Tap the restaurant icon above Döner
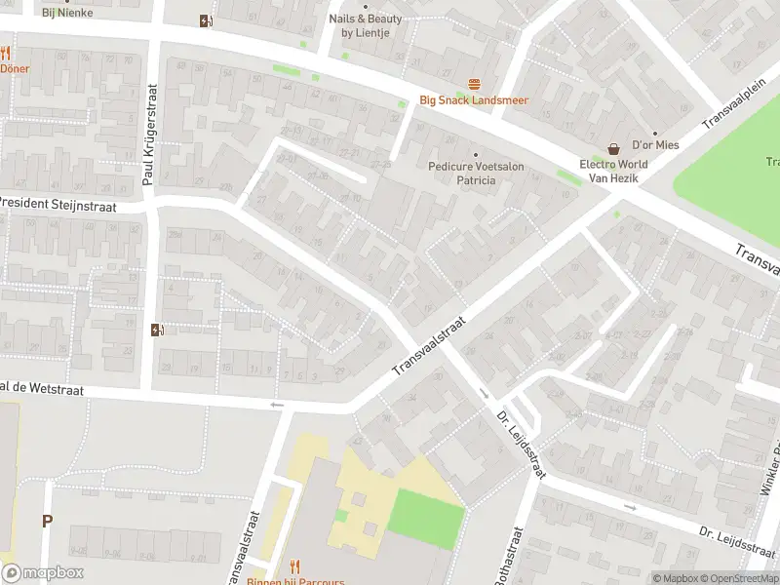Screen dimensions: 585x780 click(x=5, y=54)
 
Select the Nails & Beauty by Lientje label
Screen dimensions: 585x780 click(x=365, y=25)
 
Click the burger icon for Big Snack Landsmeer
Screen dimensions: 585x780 click(x=475, y=84)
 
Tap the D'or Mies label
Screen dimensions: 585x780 click(x=654, y=144)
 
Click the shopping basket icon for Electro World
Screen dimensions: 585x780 click(x=613, y=149)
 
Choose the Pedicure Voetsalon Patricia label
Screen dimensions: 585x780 click(x=476, y=174)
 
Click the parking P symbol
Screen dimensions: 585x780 click(x=46, y=521)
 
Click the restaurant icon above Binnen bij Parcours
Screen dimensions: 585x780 click(x=295, y=566)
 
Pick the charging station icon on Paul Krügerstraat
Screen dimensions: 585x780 click(x=157, y=330)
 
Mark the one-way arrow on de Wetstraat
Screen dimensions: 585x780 click(x=277, y=405)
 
